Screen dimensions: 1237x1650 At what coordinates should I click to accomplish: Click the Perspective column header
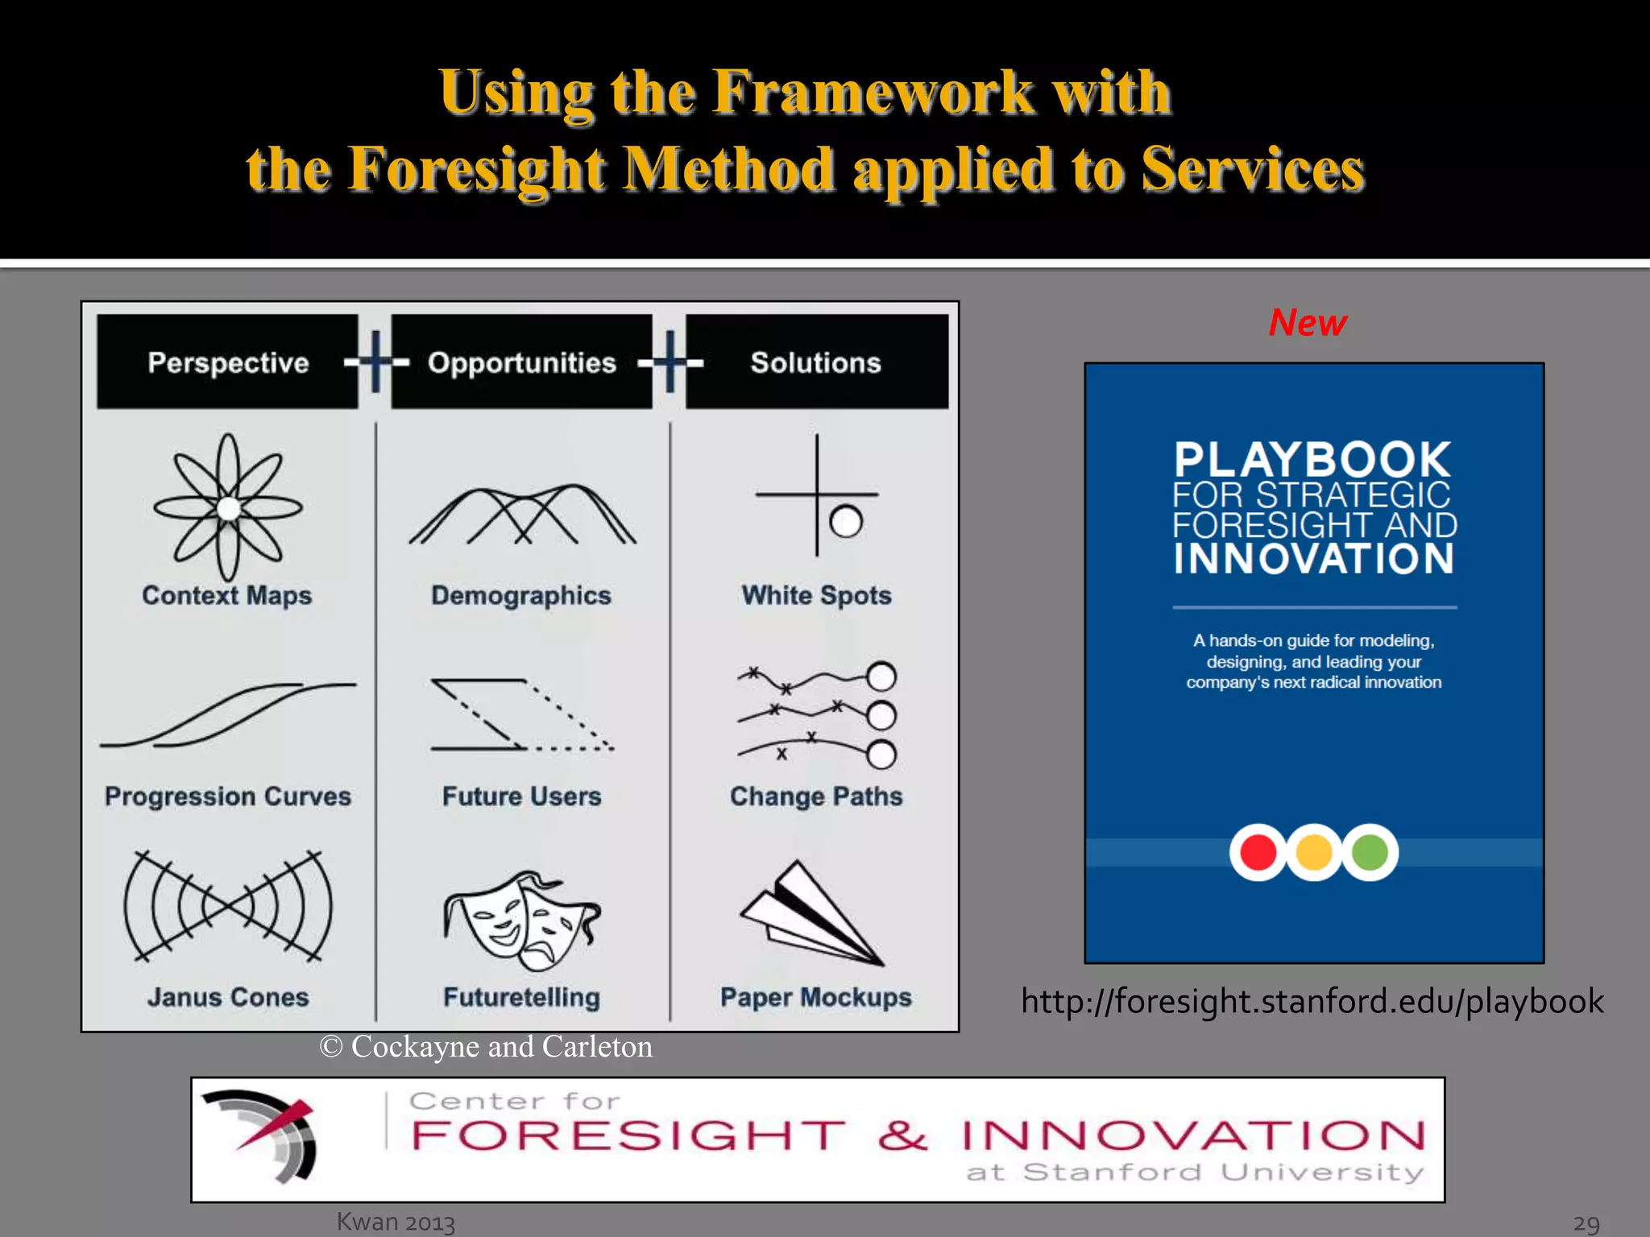click(228, 362)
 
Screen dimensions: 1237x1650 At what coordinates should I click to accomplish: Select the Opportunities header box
click(521, 362)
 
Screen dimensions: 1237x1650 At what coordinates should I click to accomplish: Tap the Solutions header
click(816, 362)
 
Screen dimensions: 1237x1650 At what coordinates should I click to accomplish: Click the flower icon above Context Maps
click(228, 507)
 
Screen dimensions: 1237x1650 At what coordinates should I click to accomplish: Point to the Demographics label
click(521, 595)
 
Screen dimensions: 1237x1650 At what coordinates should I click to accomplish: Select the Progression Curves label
click(228, 796)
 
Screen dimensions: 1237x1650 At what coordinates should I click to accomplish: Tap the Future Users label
click(521, 796)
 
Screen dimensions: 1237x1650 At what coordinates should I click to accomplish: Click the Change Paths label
click(816, 796)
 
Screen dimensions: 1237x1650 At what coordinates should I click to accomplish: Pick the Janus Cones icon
click(228, 907)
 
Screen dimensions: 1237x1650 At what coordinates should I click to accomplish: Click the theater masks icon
click(521, 920)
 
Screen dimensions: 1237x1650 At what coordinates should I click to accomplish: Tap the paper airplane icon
click(811, 915)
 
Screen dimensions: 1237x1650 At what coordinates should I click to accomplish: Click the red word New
click(1308, 322)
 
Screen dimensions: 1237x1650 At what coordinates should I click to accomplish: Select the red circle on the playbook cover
click(1258, 852)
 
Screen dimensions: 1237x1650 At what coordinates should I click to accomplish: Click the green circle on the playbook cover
click(1370, 852)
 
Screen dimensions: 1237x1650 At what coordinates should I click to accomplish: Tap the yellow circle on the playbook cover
click(1314, 852)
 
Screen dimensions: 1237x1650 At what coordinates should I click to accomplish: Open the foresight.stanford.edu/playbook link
click(1312, 1001)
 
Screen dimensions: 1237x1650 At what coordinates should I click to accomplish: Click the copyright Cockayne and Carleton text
click(486, 1046)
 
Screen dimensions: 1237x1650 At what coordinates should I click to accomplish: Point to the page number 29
click(1586, 1223)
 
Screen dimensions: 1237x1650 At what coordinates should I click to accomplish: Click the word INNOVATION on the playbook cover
click(1314, 558)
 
